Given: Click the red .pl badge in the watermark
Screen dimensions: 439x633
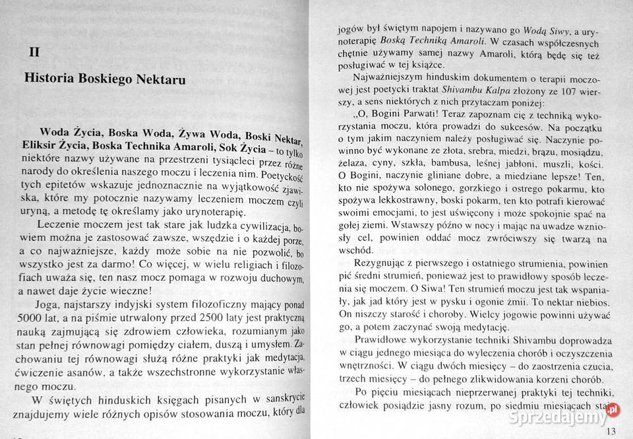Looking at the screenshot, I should pos(613,409).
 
